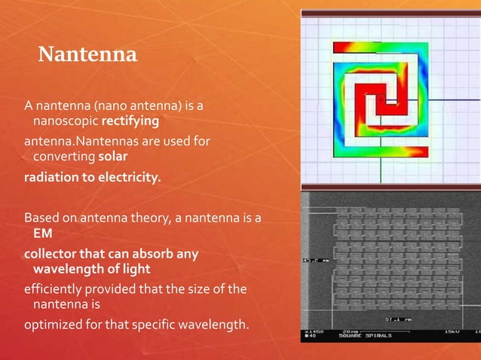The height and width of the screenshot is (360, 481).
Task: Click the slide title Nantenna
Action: [x=87, y=55]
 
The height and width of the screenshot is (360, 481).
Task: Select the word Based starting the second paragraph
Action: [x=41, y=218]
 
